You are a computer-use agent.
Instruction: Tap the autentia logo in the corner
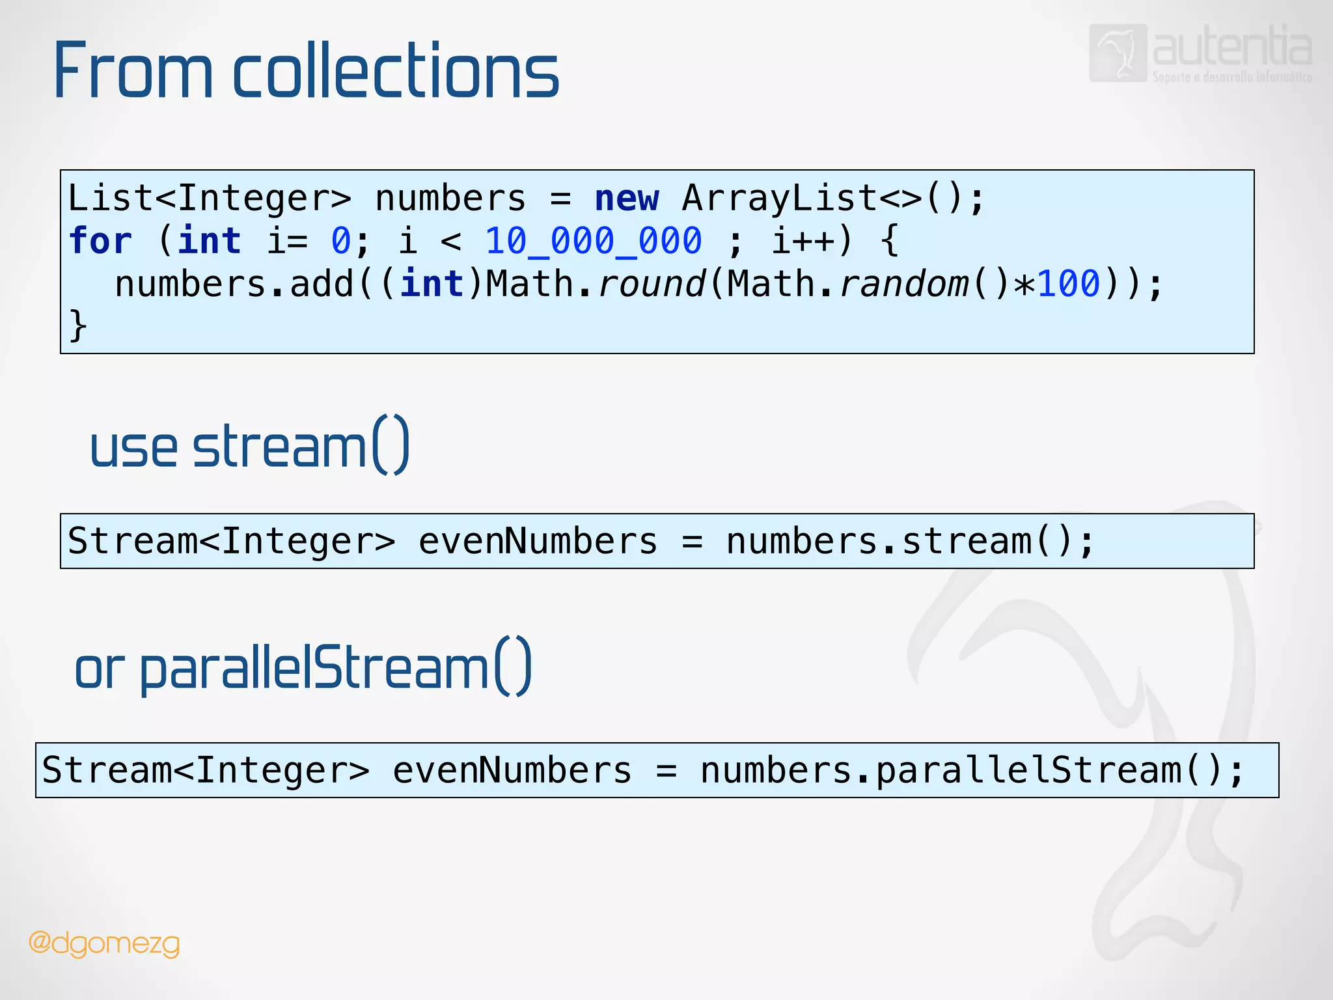[1200, 53]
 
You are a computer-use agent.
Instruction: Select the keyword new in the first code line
[626, 198]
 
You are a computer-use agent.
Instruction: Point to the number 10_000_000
[594, 241]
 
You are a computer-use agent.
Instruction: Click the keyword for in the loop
[100, 241]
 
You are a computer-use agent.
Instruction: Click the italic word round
[651, 284]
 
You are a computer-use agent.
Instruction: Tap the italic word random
[903, 284]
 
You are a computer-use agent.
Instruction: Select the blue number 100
[1068, 284]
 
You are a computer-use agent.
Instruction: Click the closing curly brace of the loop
[78, 325]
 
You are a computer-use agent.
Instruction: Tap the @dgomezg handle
[104, 943]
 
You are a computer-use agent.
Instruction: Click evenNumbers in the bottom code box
[512, 770]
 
